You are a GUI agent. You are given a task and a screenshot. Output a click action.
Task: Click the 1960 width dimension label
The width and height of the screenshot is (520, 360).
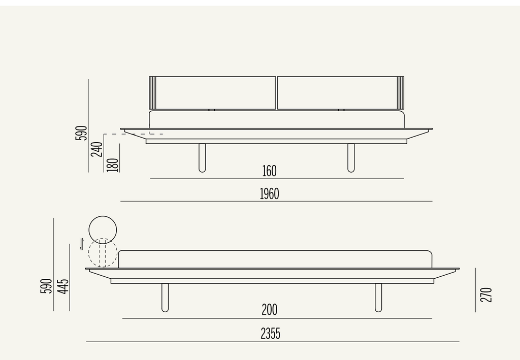coord(269,194)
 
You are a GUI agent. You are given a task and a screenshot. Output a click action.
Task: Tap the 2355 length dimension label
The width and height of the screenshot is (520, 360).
coord(270,334)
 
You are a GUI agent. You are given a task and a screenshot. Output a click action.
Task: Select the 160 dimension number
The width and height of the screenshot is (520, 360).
coord(269,171)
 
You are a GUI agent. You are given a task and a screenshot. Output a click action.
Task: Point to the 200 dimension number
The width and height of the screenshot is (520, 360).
coord(269,310)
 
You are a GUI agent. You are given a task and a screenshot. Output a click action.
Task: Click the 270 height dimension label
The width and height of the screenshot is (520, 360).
coord(486,294)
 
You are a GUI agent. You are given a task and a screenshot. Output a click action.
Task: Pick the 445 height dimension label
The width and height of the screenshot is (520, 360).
coord(63,286)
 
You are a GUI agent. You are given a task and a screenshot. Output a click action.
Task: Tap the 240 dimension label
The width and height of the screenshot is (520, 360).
coord(97,149)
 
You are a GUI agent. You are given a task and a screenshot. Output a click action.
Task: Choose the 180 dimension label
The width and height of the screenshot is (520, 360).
coord(113,165)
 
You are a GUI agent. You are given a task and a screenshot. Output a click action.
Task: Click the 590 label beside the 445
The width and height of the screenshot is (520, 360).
coord(46,286)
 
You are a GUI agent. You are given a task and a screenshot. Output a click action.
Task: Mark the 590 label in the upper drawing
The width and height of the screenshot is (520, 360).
coord(82,133)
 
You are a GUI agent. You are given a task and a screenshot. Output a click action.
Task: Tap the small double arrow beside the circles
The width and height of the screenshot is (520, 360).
coord(82,244)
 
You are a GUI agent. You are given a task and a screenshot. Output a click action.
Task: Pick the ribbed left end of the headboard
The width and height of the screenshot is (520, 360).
coord(152,93)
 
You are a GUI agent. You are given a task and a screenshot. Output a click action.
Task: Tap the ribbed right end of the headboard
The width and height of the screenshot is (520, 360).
coord(400,93)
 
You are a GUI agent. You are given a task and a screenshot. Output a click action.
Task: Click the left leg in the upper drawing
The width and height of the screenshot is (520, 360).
coord(202,158)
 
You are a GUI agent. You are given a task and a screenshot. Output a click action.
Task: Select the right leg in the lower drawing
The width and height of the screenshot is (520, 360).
coord(378,298)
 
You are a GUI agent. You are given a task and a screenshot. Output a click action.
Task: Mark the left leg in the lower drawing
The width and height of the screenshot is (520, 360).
coord(165,298)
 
